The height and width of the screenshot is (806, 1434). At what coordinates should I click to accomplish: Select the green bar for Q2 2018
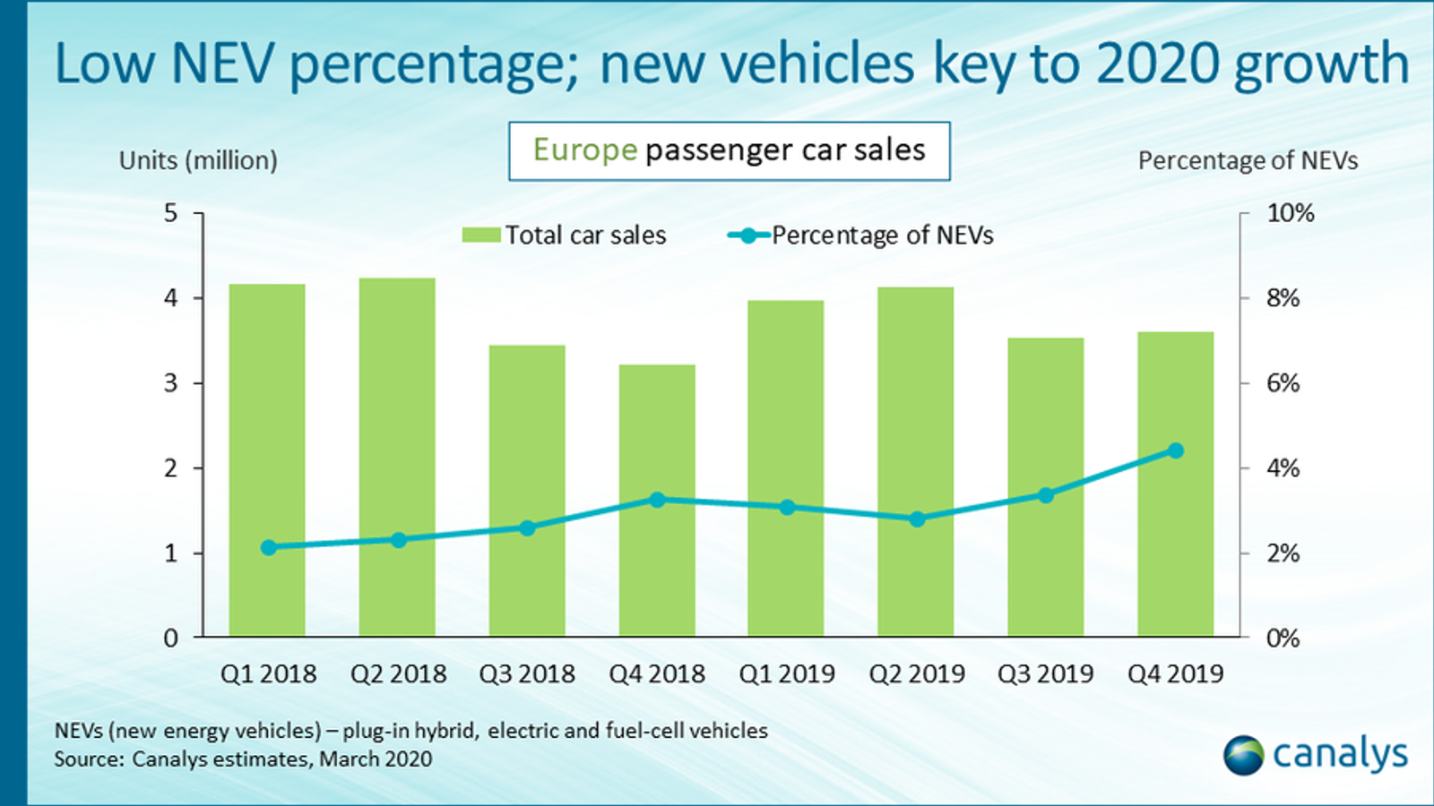click(x=397, y=457)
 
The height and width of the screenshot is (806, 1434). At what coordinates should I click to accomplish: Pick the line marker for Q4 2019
click(x=1176, y=450)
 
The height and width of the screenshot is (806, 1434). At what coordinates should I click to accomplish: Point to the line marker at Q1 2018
click(x=268, y=547)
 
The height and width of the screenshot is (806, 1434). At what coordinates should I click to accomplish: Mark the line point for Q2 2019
click(x=917, y=519)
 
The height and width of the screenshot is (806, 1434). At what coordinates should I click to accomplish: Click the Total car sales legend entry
click(x=565, y=236)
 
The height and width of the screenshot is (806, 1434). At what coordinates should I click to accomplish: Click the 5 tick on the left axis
click(x=170, y=213)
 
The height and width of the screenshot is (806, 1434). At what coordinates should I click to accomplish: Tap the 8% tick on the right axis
click(x=1283, y=298)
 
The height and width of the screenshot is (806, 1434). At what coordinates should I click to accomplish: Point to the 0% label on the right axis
click(x=1283, y=639)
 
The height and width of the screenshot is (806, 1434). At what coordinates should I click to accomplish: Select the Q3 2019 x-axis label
click(x=1046, y=673)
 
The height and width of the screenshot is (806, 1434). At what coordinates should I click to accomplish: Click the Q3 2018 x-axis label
click(x=527, y=673)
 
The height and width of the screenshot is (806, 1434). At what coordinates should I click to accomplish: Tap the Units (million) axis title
click(x=198, y=160)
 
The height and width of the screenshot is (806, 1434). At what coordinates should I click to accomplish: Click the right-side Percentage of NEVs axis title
click(x=1248, y=160)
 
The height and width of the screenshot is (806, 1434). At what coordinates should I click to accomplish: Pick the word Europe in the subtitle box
click(x=584, y=150)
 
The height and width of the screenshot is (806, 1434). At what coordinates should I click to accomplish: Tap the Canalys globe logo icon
click(x=1243, y=755)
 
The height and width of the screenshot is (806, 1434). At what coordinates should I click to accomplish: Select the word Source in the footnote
click(x=87, y=759)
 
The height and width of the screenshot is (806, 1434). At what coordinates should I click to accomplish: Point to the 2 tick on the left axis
click(x=170, y=468)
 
